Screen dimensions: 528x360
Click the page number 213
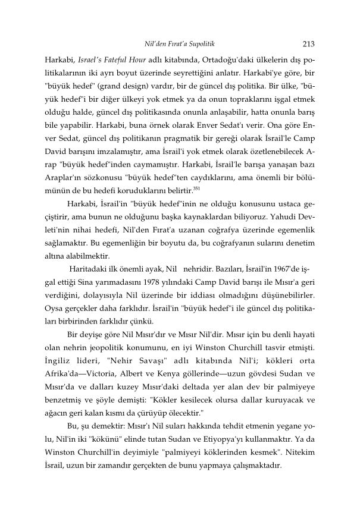click(308, 43)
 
